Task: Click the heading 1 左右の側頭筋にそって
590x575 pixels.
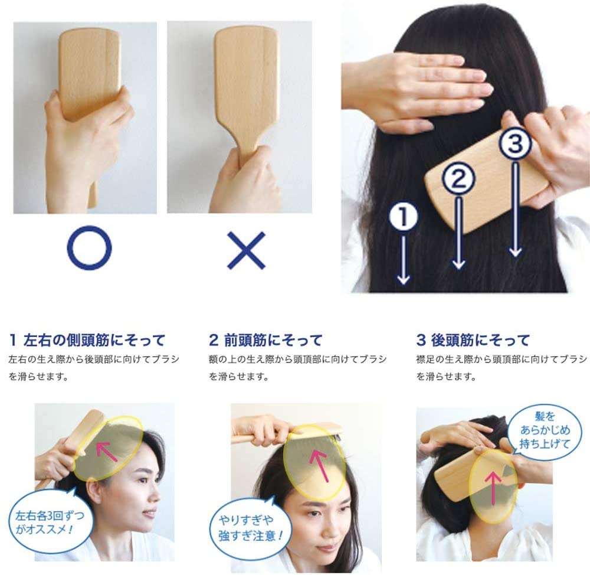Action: pyautogui.click(x=87, y=340)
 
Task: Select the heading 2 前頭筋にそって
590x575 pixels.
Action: pyautogui.click(x=266, y=340)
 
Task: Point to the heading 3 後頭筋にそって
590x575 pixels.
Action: pyautogui.click(x=473, y=340)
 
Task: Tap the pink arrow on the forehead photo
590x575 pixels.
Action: pyautogui.click(x=319, y=464)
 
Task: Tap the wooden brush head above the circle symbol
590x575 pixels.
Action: pyautogui.click(x=89, y=65)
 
